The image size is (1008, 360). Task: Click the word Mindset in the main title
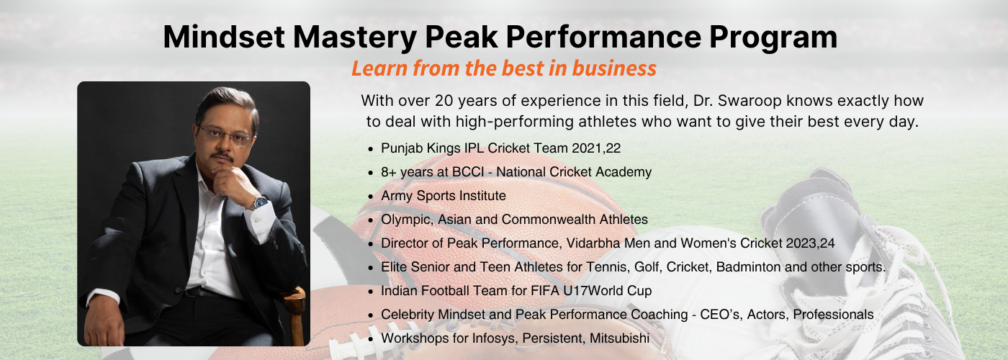[224, 37]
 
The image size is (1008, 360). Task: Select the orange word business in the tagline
[614, 68]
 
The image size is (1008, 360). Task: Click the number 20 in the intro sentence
[444, 100]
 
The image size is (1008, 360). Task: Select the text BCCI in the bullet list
[468, 172]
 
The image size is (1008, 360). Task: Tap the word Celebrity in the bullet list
[408, 315]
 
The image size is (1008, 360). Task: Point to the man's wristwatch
[259, 203]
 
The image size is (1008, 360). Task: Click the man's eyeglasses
[225, 135]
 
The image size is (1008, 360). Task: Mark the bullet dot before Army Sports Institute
[370, 197]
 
